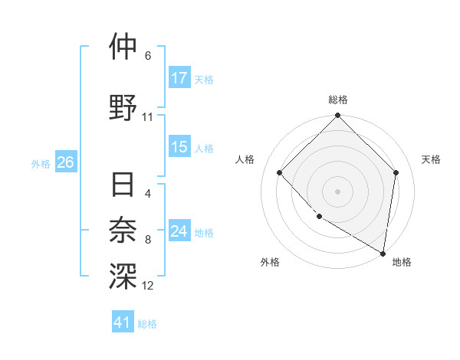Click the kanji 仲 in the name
(x=123, y=47)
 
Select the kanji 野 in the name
(x=123, y=107)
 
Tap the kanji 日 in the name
(x=123, y=186)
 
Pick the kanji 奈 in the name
(x=123, y=231)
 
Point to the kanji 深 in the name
(x=123, y=277)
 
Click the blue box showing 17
(x=179, y=78)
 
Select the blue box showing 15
(x=179, y=148)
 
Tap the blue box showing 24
(x=179, y=231)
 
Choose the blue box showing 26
(x=66, y=162)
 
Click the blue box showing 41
(x=123, y=323)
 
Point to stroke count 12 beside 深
(x=148, y=286)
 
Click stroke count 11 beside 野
(x=148, y=116)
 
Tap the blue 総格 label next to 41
(x=147, y=324)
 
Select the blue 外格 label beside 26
(x=41, y=163)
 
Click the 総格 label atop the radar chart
(x=337, y=100)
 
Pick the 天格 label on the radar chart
(x=431, y=159)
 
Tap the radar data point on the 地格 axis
(x=383, y=253)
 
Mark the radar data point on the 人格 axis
(x=280, y=172)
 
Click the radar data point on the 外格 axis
(x=319, y=217)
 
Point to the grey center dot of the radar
(x=337, y=191)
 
